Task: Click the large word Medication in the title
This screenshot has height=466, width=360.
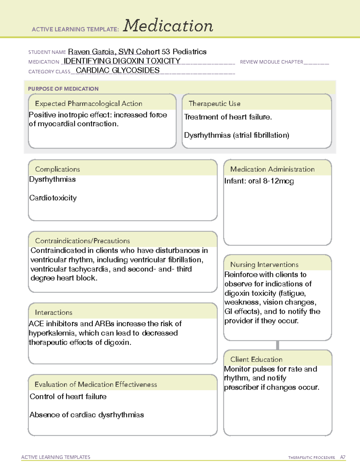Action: [x=168, y=26]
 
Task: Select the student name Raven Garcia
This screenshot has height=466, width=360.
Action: [x=92, y=52]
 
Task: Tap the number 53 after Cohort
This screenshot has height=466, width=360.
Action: [x=166, y=52]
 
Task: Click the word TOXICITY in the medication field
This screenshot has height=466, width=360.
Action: [x=163, y=61]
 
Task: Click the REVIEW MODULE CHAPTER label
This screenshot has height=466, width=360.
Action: [x=271, y=62]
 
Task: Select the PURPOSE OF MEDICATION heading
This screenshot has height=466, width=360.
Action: [x=63, y=89]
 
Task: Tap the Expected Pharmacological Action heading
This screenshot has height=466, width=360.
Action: [x=88, y=104]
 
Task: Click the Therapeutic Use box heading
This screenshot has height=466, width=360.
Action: [x=214, y=104]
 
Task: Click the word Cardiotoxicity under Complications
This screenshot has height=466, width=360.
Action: [x=53, y=198]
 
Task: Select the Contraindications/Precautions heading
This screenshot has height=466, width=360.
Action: [x=82, y=241]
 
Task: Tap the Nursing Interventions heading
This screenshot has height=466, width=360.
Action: [x=264, y=264]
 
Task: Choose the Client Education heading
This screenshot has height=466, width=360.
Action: [x=256, y=359]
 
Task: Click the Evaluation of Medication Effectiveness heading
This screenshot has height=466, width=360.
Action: [x=96, y=384]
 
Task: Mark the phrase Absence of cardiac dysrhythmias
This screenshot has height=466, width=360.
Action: [x=87, y=415]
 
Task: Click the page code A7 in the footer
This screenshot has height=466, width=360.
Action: [x=343, y=457]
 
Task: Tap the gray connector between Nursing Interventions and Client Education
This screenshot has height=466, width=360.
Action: [x=277, y=345]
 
